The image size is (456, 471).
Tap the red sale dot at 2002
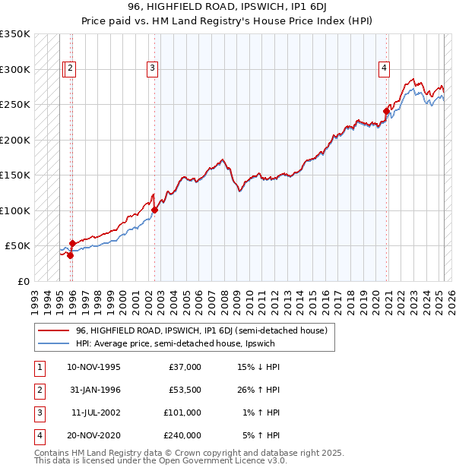154,210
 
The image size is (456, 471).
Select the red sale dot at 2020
386,111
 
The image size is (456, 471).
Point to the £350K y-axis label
15,34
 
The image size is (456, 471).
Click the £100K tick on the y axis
15,210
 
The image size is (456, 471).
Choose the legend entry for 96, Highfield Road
201,330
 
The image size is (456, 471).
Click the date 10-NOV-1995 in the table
93,367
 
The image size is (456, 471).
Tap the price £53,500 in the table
184,390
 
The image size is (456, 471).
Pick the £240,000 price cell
182,435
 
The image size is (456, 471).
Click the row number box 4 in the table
38,435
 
